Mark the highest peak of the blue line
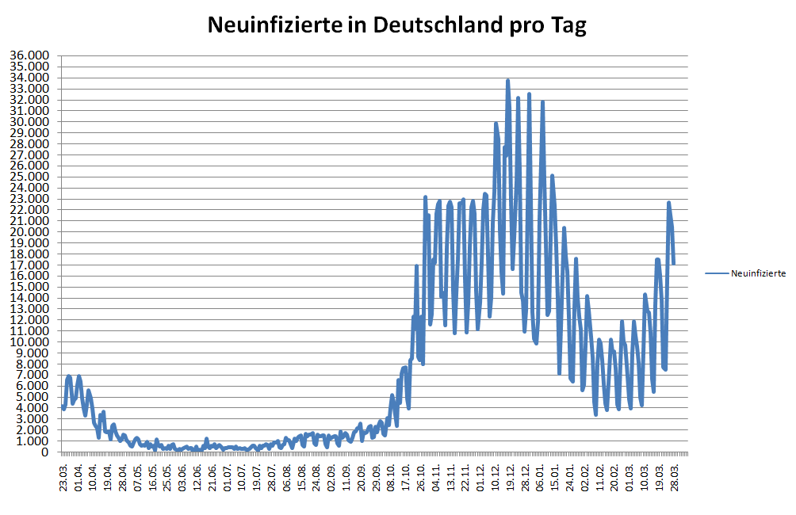pos(507,80)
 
